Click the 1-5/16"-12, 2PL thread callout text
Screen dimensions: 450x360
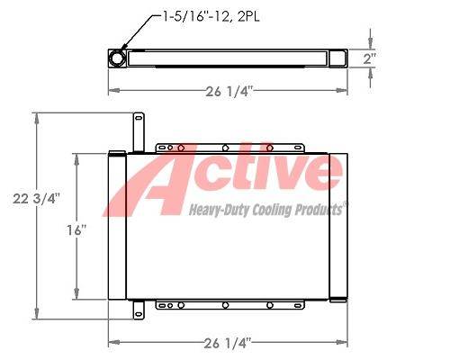[211, 17]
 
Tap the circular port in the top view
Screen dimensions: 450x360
[117, 58]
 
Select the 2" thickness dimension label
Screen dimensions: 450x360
[368, 58]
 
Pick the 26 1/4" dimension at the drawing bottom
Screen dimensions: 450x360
[228, 343]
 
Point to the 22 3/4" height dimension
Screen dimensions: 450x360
[36, 199]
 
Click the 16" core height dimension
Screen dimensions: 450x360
[76, 230]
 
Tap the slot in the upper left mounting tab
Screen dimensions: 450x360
[139, 118]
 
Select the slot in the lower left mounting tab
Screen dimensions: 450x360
[139, 314]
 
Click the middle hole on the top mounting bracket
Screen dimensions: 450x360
[225, 148]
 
